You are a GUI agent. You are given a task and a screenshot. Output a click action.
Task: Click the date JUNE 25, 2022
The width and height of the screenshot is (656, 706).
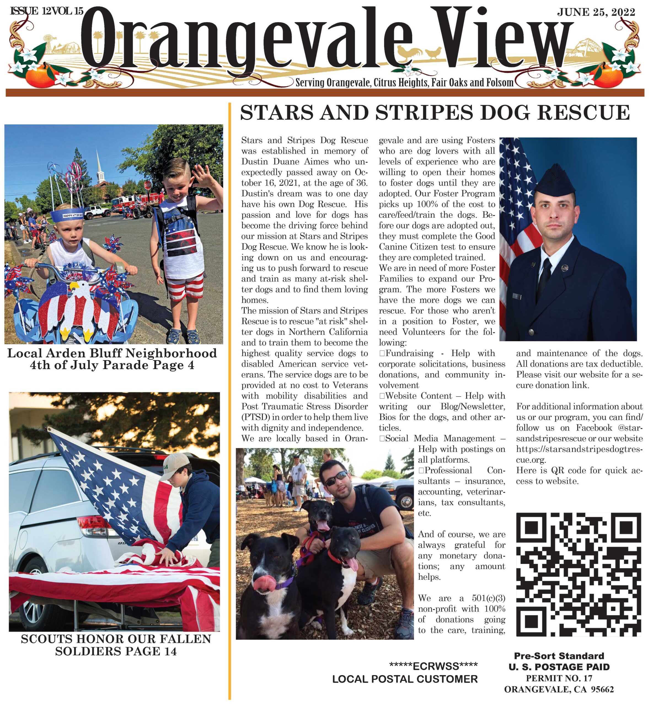point(596,12)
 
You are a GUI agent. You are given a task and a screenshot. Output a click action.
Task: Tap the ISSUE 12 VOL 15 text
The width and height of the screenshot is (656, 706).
point(47,11)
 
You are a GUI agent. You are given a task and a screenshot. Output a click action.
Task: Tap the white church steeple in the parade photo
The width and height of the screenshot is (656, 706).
point(99,167)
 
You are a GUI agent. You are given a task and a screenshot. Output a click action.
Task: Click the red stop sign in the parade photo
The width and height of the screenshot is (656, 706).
point(148,185)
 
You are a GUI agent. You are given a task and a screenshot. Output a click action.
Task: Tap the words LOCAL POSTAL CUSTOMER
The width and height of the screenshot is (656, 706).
point(405,679)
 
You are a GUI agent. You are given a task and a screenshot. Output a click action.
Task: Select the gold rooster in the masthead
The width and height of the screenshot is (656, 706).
point(409,53)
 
